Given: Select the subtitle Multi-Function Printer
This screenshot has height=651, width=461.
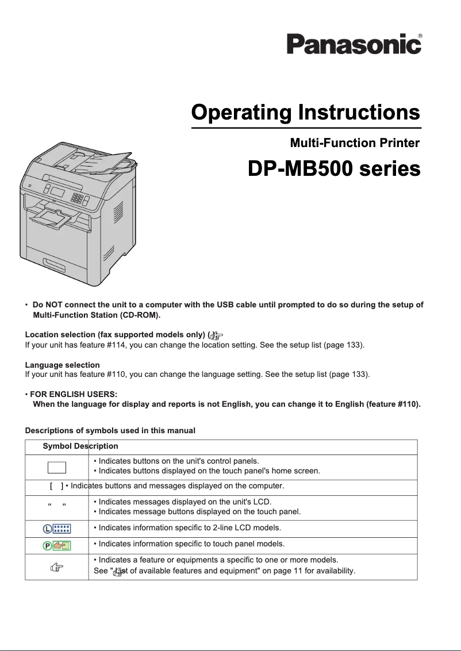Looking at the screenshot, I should pos(355,142).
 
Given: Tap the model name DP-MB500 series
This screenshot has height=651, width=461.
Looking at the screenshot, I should pos(333,170).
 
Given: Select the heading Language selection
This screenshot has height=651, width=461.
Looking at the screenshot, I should pos(63,365).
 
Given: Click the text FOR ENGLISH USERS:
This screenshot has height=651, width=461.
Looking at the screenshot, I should pos(74,395).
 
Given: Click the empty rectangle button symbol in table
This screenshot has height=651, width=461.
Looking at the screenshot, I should pos(56,466).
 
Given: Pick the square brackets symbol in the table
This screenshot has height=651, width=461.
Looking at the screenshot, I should pos(56,486).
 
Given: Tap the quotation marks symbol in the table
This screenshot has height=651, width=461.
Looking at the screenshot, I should pos(56,506).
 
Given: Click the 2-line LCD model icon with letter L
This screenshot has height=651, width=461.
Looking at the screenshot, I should pos(56,527).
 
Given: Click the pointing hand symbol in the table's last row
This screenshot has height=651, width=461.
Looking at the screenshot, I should pos(56,567).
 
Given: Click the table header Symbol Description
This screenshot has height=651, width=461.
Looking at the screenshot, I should pos(80,446).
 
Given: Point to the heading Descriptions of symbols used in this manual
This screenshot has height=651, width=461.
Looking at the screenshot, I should pos(110,430).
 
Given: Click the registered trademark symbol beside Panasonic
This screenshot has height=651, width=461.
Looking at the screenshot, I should pos(421,36).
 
